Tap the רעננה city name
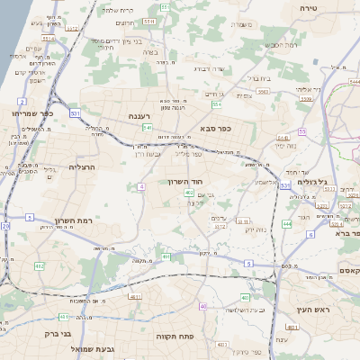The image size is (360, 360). (x=144, y=115)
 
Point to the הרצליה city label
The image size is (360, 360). (x=81, y=166)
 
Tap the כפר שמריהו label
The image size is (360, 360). (x=33, y=113)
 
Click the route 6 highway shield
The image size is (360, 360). (x=310, y=234)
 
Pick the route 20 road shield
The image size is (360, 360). (x=5, y=226)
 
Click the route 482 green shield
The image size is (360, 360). (x=39, y=265)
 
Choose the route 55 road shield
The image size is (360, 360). (x=303, y=131)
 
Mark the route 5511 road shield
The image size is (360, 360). (x=148, y=21)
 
